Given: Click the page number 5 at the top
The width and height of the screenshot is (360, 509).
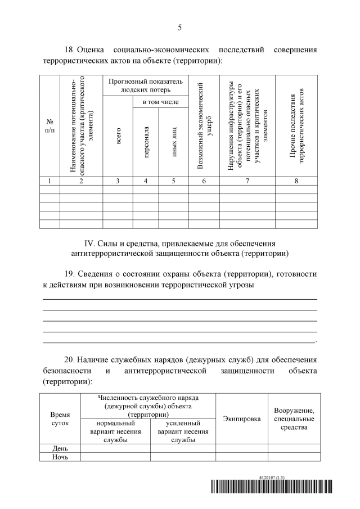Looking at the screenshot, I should (x=179, y=27).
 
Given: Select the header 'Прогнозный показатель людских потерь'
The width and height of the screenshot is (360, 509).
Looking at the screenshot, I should (x=145, y=85).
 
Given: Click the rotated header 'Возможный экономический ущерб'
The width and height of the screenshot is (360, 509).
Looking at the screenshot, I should (x=204, y=125).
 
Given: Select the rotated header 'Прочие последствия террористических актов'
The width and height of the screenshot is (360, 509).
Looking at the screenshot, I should (x=296, y=125).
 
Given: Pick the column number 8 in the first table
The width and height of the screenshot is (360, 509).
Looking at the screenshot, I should (x=296, y=181).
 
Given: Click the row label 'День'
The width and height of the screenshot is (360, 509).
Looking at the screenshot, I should (x=60, y=448).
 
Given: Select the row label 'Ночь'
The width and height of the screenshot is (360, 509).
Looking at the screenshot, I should (x=60, y=457).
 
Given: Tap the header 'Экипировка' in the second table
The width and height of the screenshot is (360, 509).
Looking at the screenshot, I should (x=241, y=419).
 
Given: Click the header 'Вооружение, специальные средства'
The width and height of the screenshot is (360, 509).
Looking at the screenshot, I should (x=294, y=419).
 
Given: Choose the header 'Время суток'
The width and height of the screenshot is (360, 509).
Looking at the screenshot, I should (x=60, y=419).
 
